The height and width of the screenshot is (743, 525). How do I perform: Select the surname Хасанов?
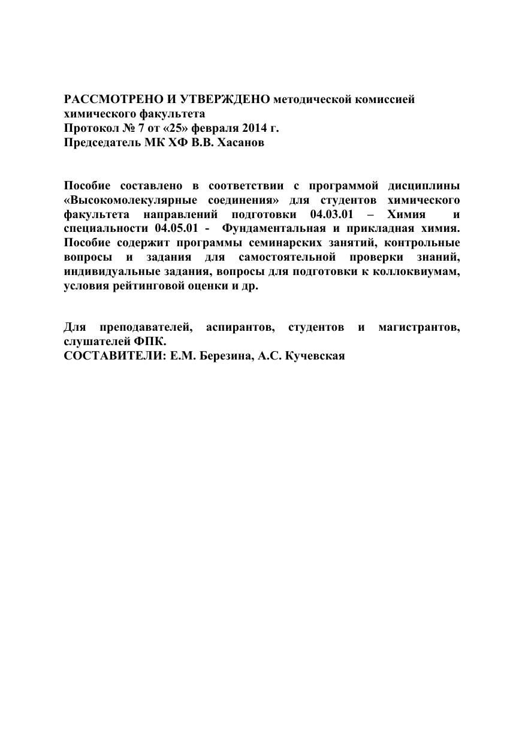[x=240, y=143]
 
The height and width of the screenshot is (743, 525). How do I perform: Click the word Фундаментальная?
[x=274, y=228]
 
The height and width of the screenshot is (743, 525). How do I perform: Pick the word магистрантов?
[x=419, y=327]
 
